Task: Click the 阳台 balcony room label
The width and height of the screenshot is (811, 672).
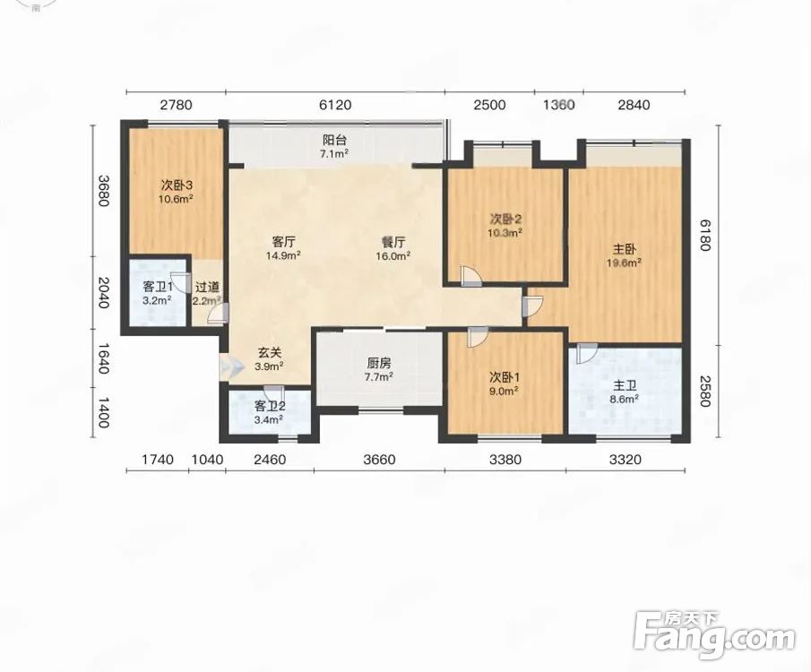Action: [334, 140]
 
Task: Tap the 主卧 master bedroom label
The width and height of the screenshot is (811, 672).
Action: [625, 249]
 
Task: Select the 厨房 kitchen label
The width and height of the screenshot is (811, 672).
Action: [378, 364]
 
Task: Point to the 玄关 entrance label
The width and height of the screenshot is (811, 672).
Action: [270, 353]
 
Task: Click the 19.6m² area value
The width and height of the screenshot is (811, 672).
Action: [625, 263]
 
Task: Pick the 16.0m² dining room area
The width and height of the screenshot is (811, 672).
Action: [393, 255]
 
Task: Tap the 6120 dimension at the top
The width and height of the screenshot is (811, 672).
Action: [335, 105]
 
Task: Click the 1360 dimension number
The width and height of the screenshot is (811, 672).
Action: [558, 105]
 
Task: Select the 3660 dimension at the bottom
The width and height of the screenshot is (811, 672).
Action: [379, 460]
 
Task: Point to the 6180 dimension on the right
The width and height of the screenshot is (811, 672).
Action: [703, 235]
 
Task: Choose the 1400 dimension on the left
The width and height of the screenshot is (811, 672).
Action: [103, 412]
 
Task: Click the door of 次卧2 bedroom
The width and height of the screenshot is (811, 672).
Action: [470, 276]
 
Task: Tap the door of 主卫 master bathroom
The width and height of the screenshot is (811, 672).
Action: [587, 353]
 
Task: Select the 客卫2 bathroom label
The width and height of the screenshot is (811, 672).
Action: [269, 406]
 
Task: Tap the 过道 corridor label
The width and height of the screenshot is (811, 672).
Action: [207, 287]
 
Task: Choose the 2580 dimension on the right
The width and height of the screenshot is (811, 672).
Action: [703, 391]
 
